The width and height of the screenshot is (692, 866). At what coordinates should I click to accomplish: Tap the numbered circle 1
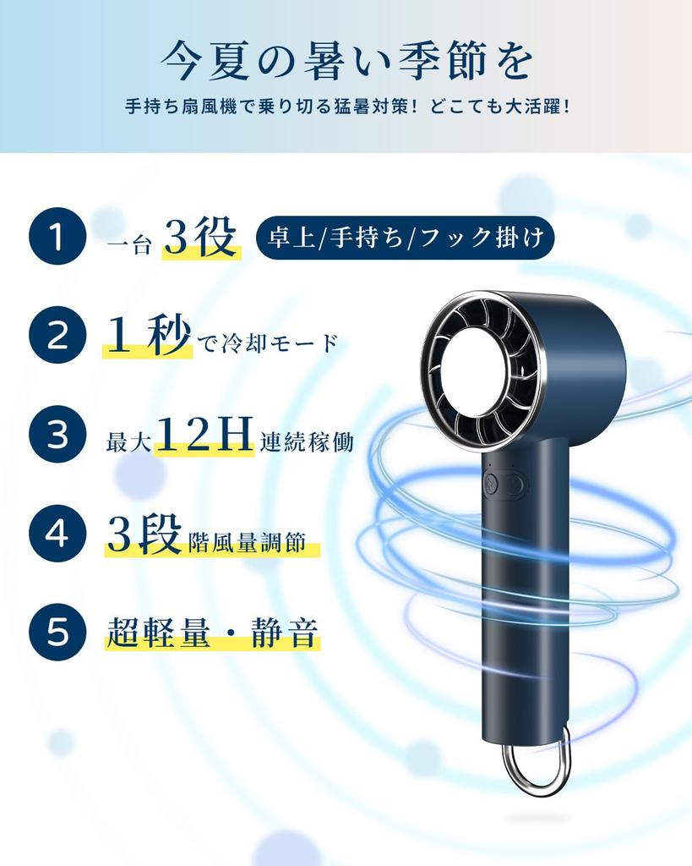(57, 238)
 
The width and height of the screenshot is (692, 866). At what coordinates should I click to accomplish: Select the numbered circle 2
(57, 336)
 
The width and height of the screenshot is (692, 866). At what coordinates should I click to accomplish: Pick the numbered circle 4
(57, 534)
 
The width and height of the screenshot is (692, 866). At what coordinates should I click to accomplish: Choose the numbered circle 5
(57, 632)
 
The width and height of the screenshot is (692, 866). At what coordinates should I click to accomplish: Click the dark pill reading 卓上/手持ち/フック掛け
(405, 238)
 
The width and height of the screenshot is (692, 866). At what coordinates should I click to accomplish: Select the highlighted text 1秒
(147, 337)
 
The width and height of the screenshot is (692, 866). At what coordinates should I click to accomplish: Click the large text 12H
(205, 436)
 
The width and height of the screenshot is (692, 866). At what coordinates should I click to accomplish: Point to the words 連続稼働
(307, 442)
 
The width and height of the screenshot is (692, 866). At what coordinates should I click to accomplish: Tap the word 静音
(285, 633)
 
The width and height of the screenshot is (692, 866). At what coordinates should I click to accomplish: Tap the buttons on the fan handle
(504, 485)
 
